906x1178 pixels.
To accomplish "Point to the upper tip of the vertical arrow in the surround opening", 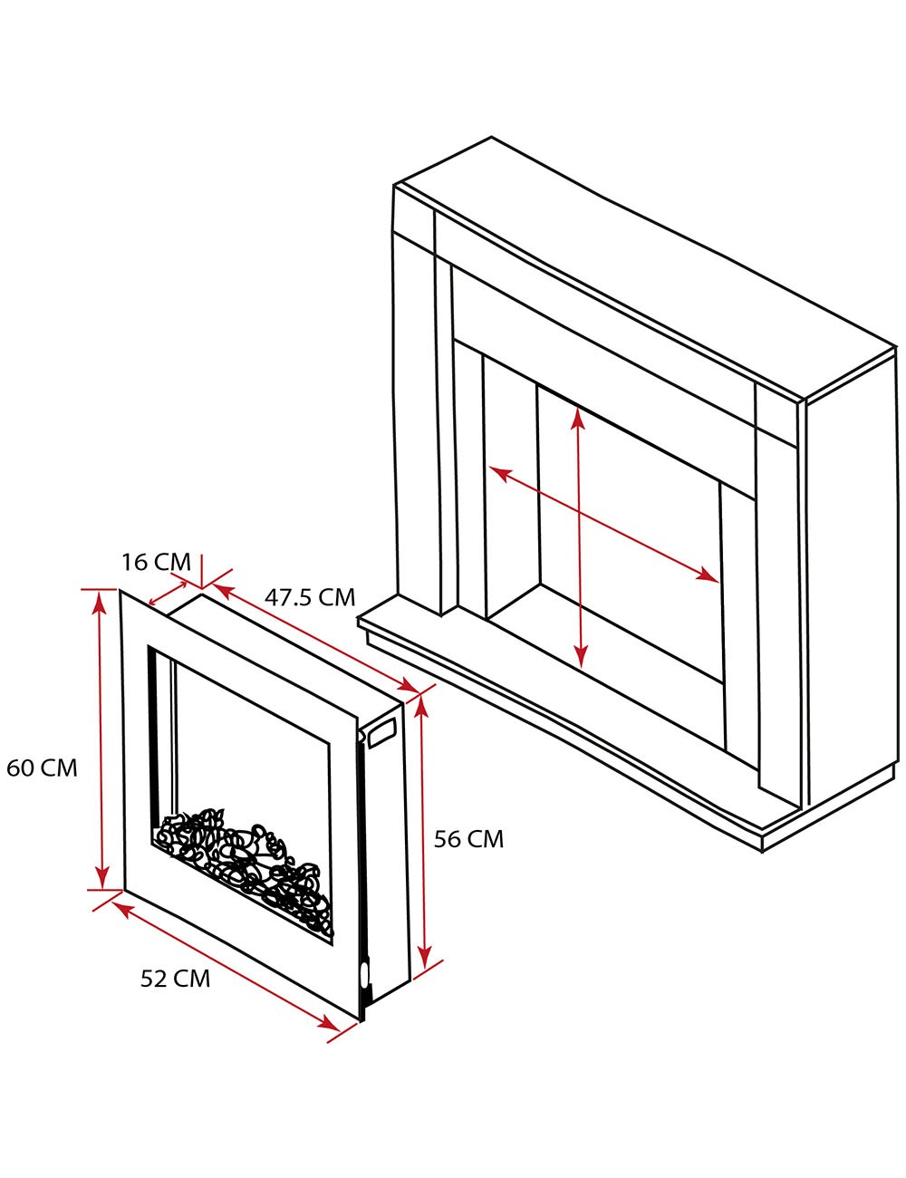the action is pos(578,407).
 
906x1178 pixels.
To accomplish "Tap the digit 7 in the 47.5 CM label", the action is pos(286,597).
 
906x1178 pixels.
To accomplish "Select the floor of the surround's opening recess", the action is pos(607,634).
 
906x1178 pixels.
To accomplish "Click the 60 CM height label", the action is pos(42,768).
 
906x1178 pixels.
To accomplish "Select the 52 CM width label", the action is pos(175,979).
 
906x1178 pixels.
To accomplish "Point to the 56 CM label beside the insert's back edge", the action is pos(468,839).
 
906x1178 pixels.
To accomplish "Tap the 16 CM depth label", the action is pos(156,563).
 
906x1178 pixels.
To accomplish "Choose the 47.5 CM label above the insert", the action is pos(310,597).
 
